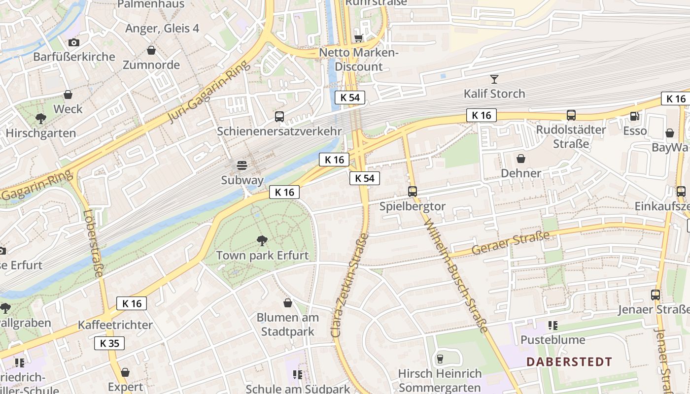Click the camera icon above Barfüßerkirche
tap(73, 42)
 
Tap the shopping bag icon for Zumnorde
tap(151, 50)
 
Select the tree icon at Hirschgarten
tap(41, 118)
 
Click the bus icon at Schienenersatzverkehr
tap(279, 117)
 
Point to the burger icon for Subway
tap(242, 165)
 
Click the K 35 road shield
tap(109, 343)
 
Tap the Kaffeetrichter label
tap(115, 325)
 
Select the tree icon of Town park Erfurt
tap(262, 240)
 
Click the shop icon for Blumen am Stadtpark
tap(288, 303)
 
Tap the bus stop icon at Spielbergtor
tap(413, 192)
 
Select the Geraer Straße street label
tap(510, 244)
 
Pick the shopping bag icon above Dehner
tap(521, 159)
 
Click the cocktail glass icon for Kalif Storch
tap(494, 79)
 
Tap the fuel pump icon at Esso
tap(634, 116)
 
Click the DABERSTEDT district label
tap(569, 362)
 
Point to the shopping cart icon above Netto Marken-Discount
tap(359, 38)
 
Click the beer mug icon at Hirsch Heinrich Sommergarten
tap(440, 359)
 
